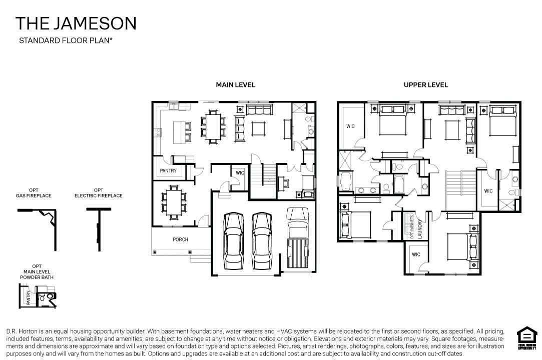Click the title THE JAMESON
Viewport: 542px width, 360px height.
pyautogui.click(x=76, y=23)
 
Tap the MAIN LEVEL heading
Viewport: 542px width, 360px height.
pyautogui.click(x=235, y=85)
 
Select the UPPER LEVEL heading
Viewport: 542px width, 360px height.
pyautogui.click(x=425, y=85)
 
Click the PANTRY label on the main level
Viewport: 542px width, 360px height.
pyautogui.click(x=168, y=171)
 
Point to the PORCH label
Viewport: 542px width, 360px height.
pyautogui.click(x=180, y=239)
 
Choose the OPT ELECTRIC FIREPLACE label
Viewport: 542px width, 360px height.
pyautogui.click(x=98, y=193)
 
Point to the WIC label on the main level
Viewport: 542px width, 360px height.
pyautogui.click(x=240, y=173)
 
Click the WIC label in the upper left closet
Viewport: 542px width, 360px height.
pyautogui.click(x=350, y=126)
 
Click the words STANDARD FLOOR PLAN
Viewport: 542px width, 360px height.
pyautogui.click(x=65, y=41)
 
